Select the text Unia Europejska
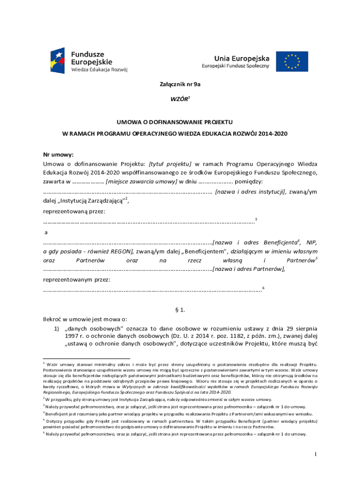point(242,58)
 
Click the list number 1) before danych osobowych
point(58,328)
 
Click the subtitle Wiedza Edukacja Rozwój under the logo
point(99,69)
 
